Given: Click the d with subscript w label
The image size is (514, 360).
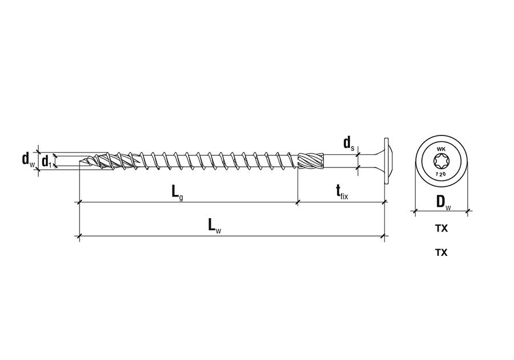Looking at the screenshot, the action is (x=28, y=159).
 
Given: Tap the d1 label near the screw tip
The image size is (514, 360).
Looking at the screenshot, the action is (x=47, y=161).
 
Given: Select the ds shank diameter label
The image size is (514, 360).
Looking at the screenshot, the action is (x=349, y=143).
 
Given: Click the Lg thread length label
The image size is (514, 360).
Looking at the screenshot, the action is (x=178, y=192).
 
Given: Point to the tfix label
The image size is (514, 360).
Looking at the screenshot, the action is (x=342, y=192).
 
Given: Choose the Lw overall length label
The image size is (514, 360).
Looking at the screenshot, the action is (x=215, y=226).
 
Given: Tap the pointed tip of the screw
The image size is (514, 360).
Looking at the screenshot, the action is (x=80, y=161).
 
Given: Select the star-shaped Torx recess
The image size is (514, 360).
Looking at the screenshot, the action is (x=441, y=161).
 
